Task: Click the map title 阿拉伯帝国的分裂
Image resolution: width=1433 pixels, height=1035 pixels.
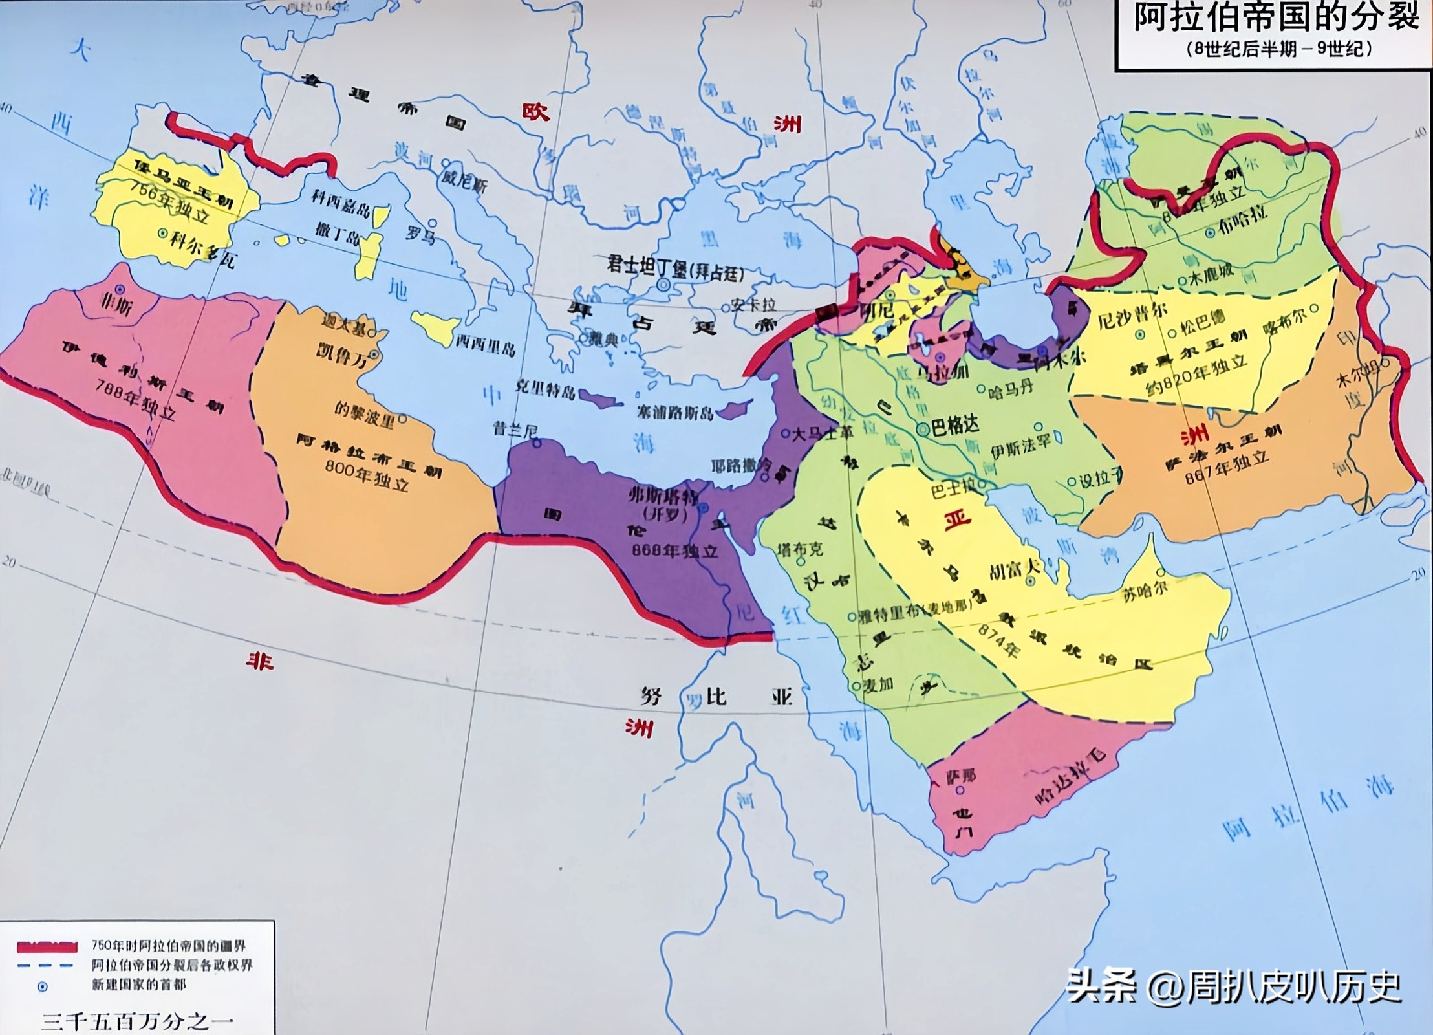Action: pyautogui.click(x=1277, y=17)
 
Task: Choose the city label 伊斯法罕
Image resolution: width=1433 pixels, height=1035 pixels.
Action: pyautogui.click(x=1021, y=446)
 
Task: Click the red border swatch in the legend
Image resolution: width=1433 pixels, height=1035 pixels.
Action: pyautogui.click(x=47, y=947)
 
